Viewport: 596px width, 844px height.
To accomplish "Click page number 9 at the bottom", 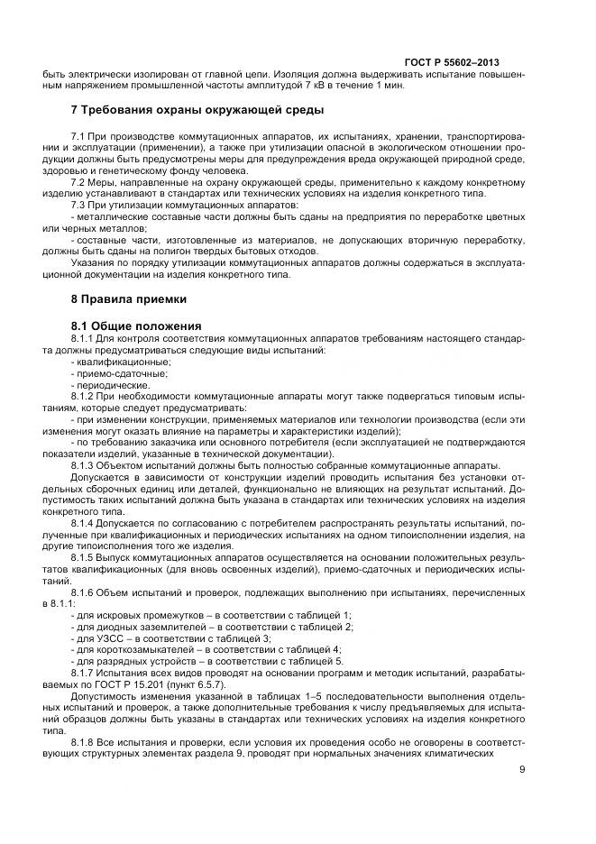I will [522, 769].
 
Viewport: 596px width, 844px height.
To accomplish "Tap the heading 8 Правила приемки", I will [129, 298].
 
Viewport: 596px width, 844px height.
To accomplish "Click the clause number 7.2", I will [78, 182].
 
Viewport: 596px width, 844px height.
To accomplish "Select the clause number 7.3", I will [78, 206].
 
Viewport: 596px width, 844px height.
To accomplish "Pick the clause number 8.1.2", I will [83, 396].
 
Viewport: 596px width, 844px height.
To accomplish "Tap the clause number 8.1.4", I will [83, 524].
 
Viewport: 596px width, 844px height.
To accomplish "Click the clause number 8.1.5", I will [83, 559].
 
